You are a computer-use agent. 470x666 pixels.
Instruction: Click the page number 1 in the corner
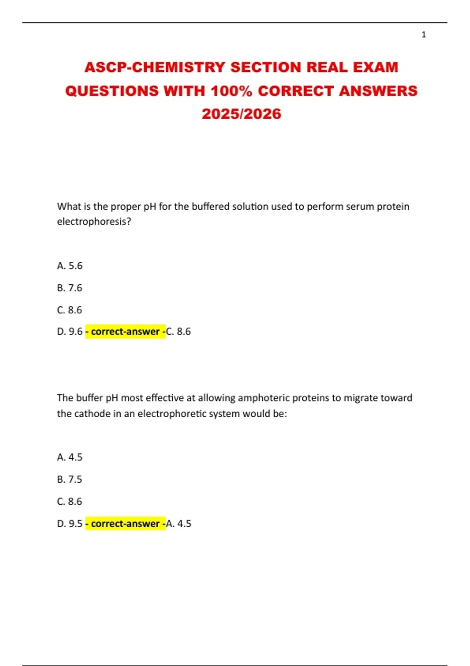pos(423,35)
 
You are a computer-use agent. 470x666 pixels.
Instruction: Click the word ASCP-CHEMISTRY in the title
pos(155,67)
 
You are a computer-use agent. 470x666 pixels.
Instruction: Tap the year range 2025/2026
pos(241,114)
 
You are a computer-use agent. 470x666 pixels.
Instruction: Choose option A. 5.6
pos(70,266)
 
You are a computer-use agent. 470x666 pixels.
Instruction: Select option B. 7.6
pos(70,288)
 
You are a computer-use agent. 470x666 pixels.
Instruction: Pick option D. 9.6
pos(70,331)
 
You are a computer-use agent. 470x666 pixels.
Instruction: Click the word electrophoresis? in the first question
pos(94,222)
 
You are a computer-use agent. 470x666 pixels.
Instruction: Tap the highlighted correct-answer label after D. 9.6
pos(125,331)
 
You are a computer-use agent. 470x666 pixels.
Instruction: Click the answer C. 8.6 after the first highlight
pos(179,331)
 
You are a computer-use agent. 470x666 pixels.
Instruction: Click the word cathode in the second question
pos(92,414)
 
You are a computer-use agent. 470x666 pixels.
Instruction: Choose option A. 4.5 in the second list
pos(70,457)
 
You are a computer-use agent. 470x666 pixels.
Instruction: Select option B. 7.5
pos(70,479)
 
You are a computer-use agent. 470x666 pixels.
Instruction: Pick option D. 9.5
pos(70,524)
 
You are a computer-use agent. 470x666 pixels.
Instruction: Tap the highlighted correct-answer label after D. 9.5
pos(125,524)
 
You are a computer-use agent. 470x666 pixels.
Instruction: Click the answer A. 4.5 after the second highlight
pos(179,524)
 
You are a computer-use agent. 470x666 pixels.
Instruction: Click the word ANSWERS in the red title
pos(378,91)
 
